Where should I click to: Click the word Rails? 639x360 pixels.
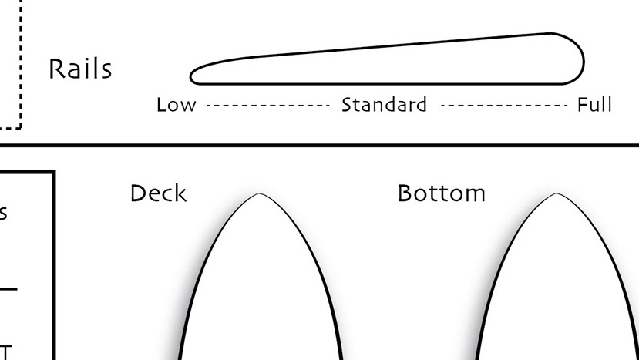click(80, 69)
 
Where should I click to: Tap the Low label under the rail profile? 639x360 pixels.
click(176, 105)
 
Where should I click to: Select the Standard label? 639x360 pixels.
click(384, 105)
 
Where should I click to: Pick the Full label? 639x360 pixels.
click(594, 105)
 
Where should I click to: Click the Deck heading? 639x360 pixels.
click(158, 193)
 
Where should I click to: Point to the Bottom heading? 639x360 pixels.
click(441, 193)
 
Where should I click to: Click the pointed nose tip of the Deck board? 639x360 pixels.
click(259, 194)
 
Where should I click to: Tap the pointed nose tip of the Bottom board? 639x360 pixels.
click(556, 194)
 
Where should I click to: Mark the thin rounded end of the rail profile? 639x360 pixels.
click(193, 76)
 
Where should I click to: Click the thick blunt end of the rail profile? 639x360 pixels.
click(582, 58)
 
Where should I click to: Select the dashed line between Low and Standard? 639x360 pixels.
click(267, 105)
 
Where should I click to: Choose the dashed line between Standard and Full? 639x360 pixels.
click(504, 105)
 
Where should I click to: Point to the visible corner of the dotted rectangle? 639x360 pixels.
click(20, 126)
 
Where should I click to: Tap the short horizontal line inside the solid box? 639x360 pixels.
click(8, 290)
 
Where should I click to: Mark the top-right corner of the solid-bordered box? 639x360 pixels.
click(53, 173)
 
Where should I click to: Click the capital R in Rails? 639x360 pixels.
click(56, 69)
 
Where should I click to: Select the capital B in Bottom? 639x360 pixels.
click(405, 193)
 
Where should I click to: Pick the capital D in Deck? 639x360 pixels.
click(138, 193)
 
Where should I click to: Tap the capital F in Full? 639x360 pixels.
click(583, 105)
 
